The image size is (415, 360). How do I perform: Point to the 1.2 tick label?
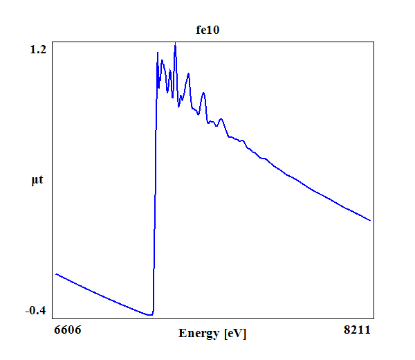point(38,49)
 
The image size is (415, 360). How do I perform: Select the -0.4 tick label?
point(36,310)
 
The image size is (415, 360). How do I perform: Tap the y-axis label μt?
point(37,181)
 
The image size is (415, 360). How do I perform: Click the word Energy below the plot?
point(199,334)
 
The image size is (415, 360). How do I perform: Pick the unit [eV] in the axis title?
point(235,334)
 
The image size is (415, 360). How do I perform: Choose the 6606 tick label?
point(67,330)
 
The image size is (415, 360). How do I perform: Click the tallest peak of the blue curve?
point(175,45)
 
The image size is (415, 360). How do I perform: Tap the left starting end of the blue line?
point(56,274)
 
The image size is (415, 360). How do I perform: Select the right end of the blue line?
point(371,220)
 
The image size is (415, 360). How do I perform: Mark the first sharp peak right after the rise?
point(158,53)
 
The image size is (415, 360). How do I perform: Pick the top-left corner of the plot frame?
point(53,43)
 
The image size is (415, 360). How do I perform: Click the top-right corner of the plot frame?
point(374,43)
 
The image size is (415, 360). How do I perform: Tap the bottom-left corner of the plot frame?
point(53,318)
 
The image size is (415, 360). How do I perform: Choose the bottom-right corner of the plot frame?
point(374,318)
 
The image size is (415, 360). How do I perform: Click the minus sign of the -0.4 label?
point(27,311)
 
